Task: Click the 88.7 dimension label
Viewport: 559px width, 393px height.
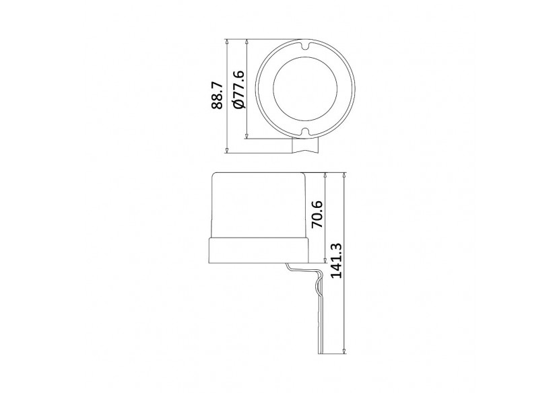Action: pos(217,96)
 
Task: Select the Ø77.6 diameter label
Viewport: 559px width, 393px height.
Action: pos(237,89)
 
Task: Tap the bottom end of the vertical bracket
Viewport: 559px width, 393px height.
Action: pos(321,353)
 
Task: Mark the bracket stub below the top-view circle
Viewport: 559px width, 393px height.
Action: pos(305,145)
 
